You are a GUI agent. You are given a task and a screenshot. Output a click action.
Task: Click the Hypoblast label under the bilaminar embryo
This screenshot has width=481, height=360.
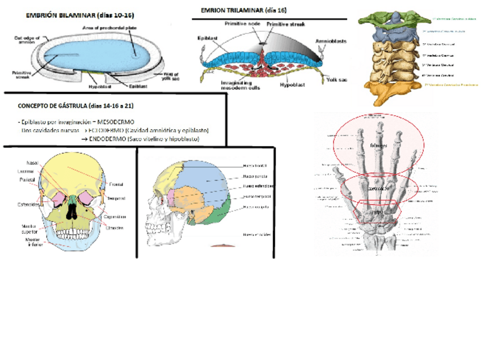99,87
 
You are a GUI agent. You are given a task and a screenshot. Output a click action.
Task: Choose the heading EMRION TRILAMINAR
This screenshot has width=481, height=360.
244,11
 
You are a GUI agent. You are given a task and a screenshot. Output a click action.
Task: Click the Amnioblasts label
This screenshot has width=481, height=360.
332,41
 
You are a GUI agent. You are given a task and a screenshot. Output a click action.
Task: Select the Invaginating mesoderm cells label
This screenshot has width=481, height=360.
226,85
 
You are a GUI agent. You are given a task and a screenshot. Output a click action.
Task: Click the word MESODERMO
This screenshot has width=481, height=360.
116,121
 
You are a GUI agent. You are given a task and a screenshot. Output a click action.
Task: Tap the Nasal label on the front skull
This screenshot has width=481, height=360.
32,163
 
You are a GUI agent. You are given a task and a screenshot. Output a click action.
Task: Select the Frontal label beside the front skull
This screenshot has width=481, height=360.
117,184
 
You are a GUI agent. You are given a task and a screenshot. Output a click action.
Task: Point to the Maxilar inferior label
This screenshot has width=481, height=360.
32,242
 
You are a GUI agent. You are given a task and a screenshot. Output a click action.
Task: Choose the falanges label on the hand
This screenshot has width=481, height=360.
378,146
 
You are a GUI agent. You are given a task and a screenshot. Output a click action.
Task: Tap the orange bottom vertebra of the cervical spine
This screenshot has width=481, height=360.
391,90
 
